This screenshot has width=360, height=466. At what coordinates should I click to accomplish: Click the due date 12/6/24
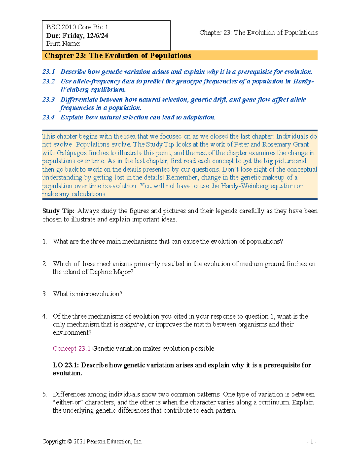(97, 35)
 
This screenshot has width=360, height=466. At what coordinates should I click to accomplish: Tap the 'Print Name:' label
(63, 44)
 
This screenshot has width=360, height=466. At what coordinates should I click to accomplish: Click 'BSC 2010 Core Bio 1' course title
(77, 27)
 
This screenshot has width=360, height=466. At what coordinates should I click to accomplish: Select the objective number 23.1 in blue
(49, 72)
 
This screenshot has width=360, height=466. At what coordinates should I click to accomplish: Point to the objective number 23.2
(49, 81)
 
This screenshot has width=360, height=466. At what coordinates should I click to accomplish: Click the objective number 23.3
(49, 100)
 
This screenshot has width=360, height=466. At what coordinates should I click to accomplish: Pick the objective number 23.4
(49, 117)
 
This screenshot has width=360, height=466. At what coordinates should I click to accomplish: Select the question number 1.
(44, 242)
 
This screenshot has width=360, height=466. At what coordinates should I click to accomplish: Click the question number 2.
(44, 264)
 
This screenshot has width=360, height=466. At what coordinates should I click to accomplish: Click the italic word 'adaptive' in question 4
(132, 325)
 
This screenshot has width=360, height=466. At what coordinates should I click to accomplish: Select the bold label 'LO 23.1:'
(66, 365)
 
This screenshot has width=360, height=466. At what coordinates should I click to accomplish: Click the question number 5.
(44, 394)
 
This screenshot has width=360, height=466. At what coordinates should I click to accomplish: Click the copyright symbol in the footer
(70, 442)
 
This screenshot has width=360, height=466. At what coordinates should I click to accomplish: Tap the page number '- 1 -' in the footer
(312, 442)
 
